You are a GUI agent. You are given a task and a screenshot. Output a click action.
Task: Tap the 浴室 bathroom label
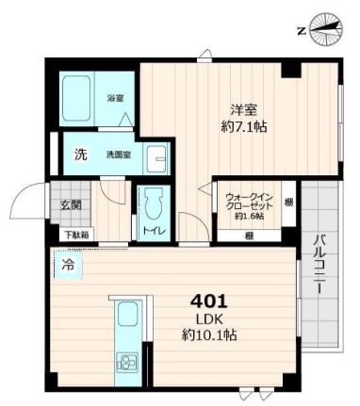pyautogui.click(x=116, y=97)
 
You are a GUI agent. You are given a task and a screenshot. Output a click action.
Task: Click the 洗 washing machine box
pyautogui.click(x=80, y=154)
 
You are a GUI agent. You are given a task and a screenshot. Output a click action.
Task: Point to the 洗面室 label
pyautogui.click(x=118, y=155)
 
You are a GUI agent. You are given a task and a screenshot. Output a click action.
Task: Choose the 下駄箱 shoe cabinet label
pyautogui.click(x=76, y=234)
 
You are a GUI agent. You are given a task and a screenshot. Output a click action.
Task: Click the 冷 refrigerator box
pyautogui.click(x=67, y=266)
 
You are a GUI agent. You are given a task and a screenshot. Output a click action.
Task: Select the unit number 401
pyautogui.click(x=209, y=302)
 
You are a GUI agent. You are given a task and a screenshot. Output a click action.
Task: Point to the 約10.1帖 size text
pyautogui.click(x=208, y=334)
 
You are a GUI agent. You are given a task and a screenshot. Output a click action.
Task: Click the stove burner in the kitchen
pyautogui.click(x=126, y=361)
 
